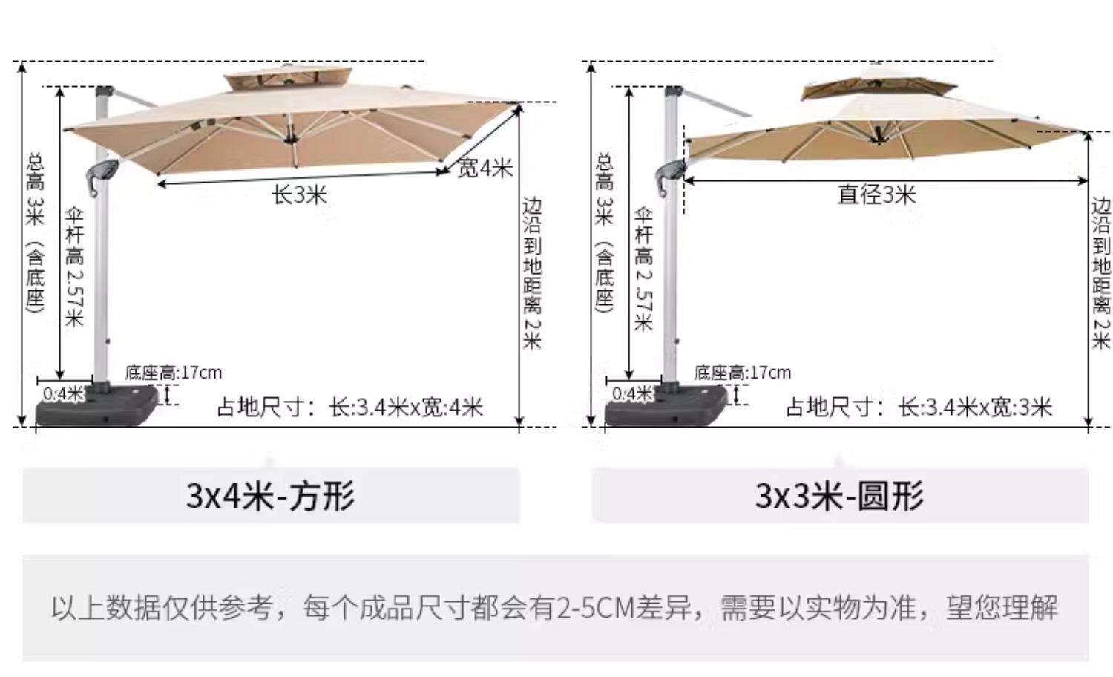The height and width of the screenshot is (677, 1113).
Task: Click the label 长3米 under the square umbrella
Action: pyautogui.click(x=299, y=195)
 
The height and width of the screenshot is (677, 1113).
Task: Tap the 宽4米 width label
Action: pyautogui.click(x=485, y=168)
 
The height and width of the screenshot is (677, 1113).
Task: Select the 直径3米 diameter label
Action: pyautogui.click(x=876, y=194)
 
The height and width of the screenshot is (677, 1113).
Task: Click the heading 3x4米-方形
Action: pyautogui.click(x=271, y=496)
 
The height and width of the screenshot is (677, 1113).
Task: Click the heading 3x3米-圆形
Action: pyautogui.click(x=839, y=496)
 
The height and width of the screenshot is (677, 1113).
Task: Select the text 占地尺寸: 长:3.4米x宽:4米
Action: pyautogui.click(x=349, y=407)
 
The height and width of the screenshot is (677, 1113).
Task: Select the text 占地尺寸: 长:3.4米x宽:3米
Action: pyautogui.click(x=919, y=407)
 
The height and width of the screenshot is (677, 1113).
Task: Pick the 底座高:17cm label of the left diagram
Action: pyautogui.click(x=173, y=372)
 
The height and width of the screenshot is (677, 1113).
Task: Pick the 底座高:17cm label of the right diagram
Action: pyautogui.click(x=742, y=372)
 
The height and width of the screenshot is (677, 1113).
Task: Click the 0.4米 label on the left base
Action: pyautogui.click(x=63, y=393)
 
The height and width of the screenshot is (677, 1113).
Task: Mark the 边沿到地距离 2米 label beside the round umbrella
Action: pyautogui.click(x=1101, y=272)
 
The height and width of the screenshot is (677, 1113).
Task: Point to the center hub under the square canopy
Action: pyautogui.click(x=289, y=137)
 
